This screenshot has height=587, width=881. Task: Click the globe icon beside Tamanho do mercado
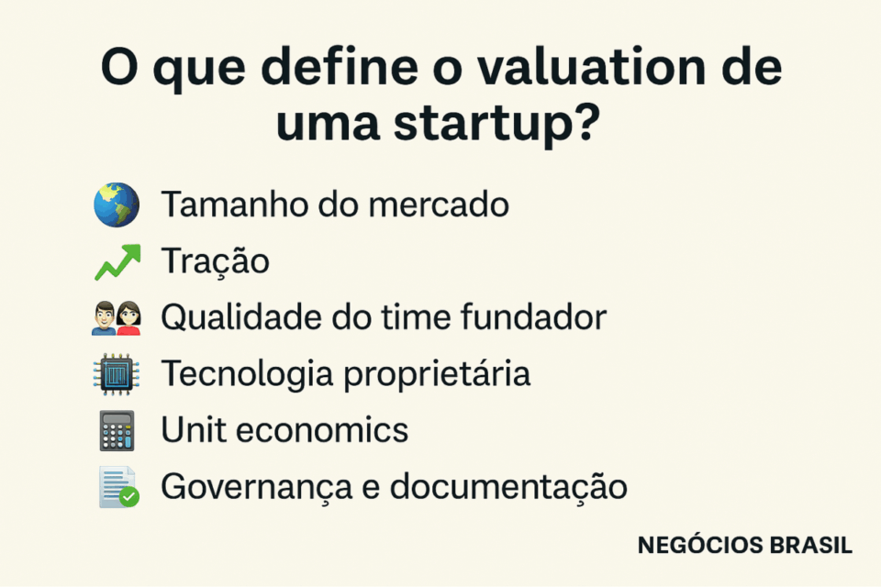pos(117,205)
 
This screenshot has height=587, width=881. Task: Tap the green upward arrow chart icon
pos(117,262)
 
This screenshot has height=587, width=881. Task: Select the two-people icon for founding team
pos(117,318)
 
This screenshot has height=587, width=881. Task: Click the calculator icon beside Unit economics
pos(117,430)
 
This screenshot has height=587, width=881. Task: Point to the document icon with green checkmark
pos(118,487)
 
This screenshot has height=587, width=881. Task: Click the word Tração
pos(216,261)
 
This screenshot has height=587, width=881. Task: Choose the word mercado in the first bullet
pos(439,205)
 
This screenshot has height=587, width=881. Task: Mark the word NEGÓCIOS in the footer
pos(699,546)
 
